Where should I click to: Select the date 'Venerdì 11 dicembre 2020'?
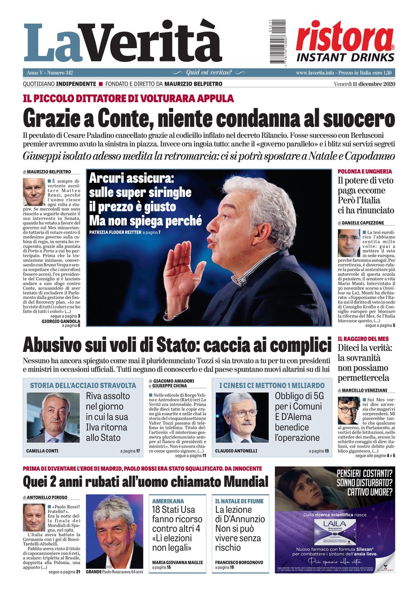point(364,84)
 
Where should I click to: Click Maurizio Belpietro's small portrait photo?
point(34,192)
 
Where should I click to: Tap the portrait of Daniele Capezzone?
point(348,243)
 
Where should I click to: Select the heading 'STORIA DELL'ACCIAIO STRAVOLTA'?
point(83,385)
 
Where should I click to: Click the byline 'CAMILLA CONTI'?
point(42,451)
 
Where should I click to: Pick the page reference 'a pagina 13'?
point(319,451)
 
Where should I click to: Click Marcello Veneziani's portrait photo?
point(348,411)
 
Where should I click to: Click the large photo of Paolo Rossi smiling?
point(114,532)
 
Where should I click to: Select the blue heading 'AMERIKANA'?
point(168,501)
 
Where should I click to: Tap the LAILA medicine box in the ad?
point(334,531)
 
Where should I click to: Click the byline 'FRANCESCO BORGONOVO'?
point(239,562)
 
